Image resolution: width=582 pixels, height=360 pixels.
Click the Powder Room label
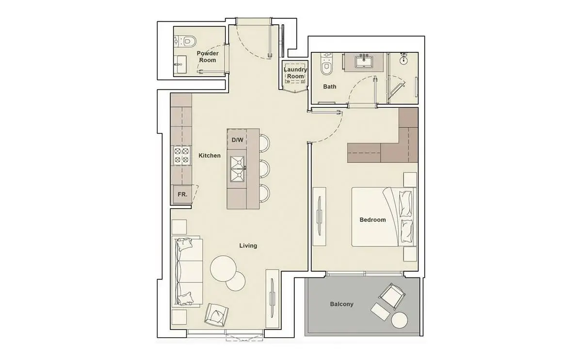(x=208, y=57)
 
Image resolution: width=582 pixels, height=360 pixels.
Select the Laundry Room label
(x=295, y=73)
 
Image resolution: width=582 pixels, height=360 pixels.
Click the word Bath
(x=329, y=86)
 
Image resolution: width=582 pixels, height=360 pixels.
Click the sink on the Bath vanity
(x=364, y=62)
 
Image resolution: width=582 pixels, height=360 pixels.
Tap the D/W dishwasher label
(x=237, y=140)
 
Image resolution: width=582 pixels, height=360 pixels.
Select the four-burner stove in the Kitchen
(x=181, y=155)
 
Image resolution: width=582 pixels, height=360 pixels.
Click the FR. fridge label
(x=182, y=195)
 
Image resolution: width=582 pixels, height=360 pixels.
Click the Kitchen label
(x=210, y=155)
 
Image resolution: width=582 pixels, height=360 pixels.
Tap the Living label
(x=248, y=245)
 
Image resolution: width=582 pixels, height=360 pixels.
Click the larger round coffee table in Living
(x=223, y=269)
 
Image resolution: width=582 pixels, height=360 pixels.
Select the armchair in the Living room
(x=216, y=315)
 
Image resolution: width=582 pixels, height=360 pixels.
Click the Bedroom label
(x=372, y=220)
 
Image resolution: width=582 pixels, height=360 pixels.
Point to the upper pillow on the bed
(x=405, y=203)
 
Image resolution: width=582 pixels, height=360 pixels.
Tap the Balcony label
(x=341, y=304)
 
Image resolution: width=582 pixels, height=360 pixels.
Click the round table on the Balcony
(x=399, y=321)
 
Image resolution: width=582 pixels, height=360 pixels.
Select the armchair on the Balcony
(x=392, y=296)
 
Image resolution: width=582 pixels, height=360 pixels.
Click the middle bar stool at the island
(x=264, y=169)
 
